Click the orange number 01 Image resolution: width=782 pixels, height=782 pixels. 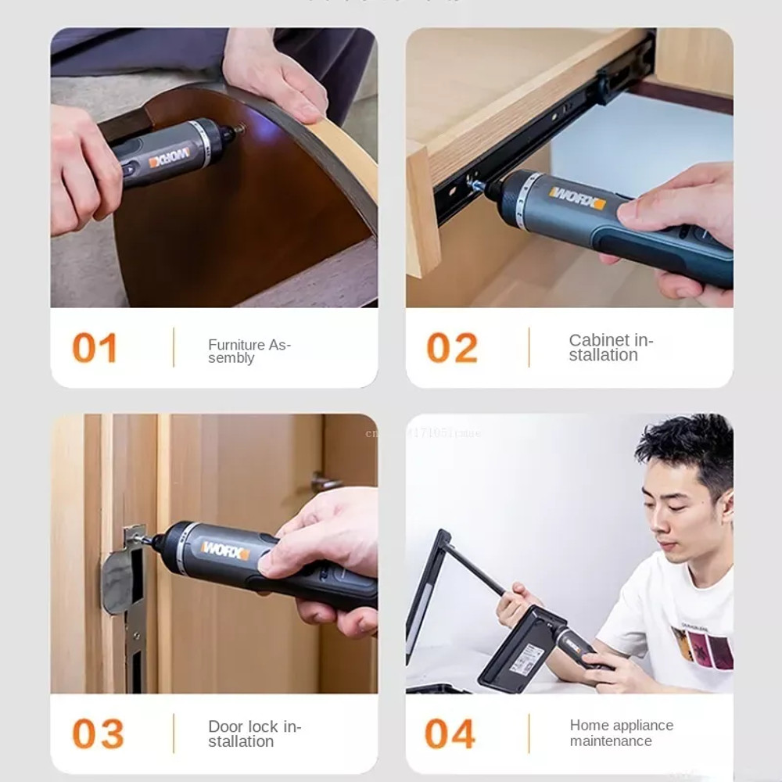95,349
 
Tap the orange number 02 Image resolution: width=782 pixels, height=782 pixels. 451,349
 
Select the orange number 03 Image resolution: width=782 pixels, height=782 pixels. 98,734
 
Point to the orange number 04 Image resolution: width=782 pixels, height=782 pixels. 451,734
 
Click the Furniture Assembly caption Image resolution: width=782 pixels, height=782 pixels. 249,351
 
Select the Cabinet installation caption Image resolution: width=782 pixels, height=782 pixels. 610,348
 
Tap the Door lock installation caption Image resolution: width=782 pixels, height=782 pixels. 253,734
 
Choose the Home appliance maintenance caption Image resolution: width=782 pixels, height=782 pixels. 621,733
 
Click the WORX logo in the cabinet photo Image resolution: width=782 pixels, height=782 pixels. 576,198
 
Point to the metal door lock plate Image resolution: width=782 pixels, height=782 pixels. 125,575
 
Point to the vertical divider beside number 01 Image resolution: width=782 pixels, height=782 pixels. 173,348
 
